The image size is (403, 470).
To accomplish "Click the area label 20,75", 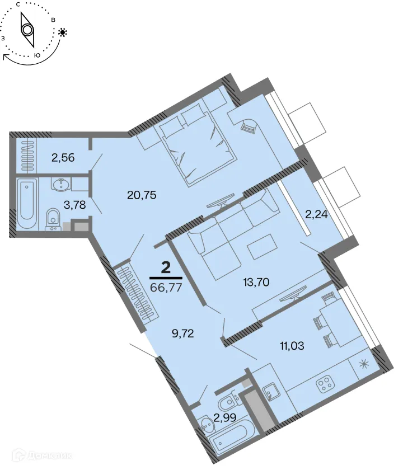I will coord(141,195).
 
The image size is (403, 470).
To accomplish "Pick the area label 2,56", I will coord(63,158).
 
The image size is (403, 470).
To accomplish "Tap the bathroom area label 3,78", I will coord(74,204).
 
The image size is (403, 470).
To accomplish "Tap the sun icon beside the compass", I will coord(62,32).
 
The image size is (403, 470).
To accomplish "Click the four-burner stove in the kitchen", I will coord(325,385).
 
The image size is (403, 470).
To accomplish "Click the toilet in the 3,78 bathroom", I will coord(53,218).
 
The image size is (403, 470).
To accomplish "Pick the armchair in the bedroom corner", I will coord(249,128).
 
